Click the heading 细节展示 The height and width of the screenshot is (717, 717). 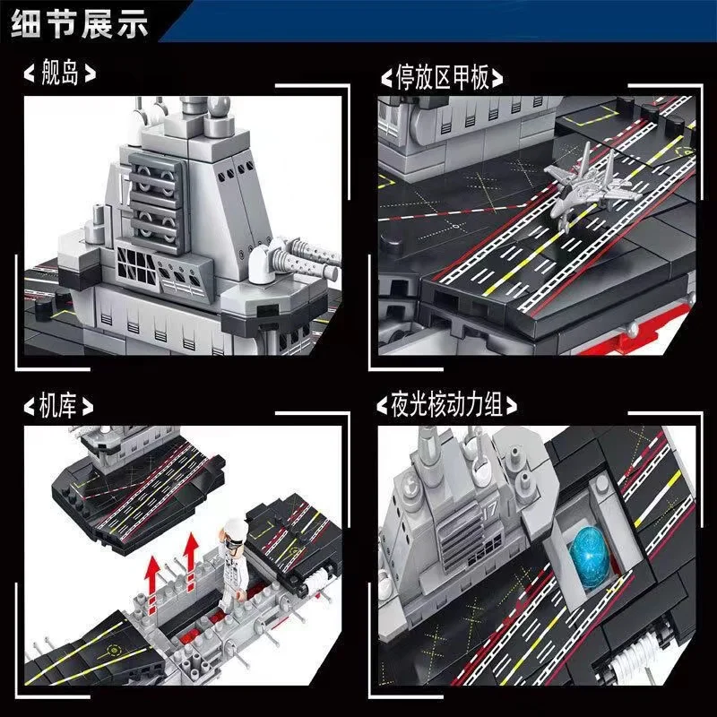tap(80, 23)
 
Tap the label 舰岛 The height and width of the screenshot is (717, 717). tap(60, 73)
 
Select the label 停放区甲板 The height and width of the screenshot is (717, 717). tap(442, 77)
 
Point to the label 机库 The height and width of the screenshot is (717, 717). tap(57, 406)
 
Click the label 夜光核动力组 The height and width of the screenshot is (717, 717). tap(446, 405)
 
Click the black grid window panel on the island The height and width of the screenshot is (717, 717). tap(136, 266)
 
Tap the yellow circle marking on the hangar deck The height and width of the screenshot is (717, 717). tap(112, 649)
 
